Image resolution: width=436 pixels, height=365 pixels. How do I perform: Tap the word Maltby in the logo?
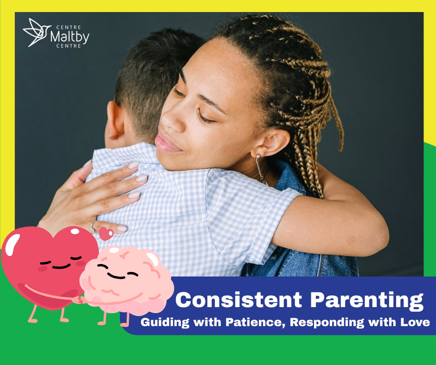(70, 37)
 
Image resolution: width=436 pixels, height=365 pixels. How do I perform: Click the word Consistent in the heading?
(238, 300)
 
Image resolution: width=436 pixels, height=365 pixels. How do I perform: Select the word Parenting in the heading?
(367, 301)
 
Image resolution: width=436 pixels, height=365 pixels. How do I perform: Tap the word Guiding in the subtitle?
(165, 323)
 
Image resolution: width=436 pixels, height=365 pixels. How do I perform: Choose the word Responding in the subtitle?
(327, 323)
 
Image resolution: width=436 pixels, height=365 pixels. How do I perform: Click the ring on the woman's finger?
(93, 227)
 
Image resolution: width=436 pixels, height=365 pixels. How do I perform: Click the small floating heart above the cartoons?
(106, 233)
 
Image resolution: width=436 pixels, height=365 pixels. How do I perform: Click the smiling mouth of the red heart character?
(61, 267)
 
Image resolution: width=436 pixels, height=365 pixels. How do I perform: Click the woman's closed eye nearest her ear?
(206, 118)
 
